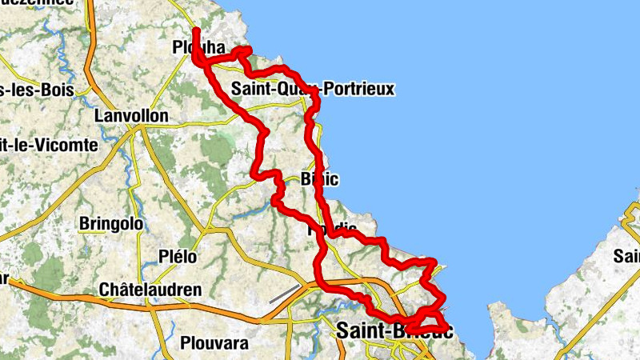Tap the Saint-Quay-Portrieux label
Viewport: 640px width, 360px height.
pyautogui.click(x=313, y=89)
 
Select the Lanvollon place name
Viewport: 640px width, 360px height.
pyautogui.click(x=131, y=117)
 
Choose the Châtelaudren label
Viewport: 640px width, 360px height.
pyautogui.click(x=150, y=290)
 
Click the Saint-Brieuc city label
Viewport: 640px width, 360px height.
pyautogui.click(x=394, y=330)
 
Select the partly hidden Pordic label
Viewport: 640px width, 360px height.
pyautogui.click(x=332, y=230)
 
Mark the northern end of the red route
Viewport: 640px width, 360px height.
pyautogui.click(x=195, y=30)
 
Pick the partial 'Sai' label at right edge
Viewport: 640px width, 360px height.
pyautogui.click(x=626, y=257)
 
